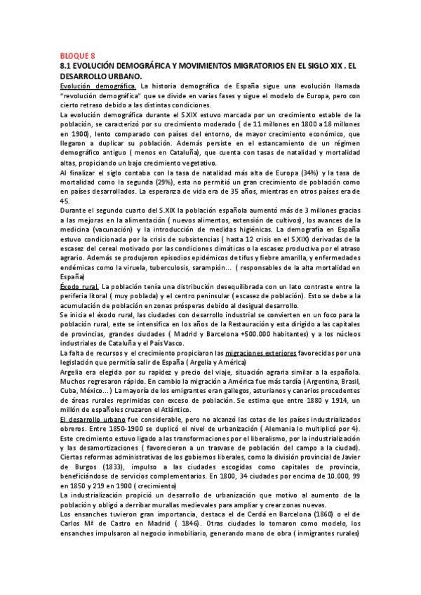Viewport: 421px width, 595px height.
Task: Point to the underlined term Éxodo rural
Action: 79,287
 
